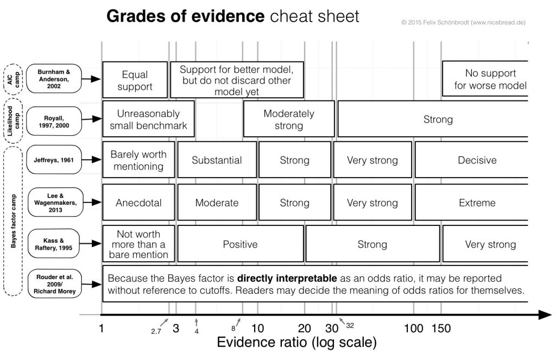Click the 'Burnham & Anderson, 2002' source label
pos(54,79)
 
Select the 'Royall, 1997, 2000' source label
pos(54,121)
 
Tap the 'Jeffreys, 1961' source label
pos(54,160)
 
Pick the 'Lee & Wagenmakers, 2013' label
pos(55,202)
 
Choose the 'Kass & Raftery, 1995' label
pos(54,244)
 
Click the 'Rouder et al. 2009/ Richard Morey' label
pos(55,284)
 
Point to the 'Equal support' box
pos(135,80)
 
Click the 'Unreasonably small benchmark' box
pos(148,119)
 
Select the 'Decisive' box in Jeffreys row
pos(472,160)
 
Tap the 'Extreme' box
pos(472,202)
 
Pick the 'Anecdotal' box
pos(138,202)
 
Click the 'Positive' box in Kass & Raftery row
pos(241,244)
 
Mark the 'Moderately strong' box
pos(289,119)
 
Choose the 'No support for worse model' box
pos(485,79)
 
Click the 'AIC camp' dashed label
pos(14,79)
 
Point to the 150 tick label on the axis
pos(441,329)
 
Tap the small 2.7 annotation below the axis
pos(156,331)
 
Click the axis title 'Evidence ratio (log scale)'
pos(297,342)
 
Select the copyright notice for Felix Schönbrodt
pos(464,22)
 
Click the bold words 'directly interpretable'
pos(287,278)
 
